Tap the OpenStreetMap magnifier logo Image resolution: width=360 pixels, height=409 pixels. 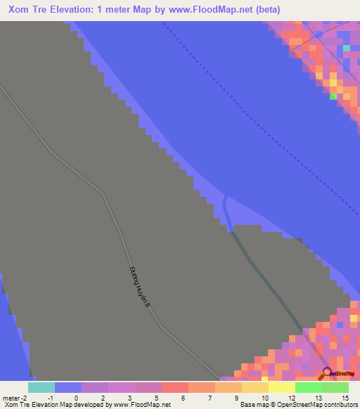pos(327,373)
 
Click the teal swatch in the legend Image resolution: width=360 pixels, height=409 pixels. pos(41,387)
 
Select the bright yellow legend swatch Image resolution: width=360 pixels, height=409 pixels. pos(282,387)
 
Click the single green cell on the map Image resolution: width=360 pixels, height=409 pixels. pos(333,97)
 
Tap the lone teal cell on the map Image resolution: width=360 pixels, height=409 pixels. pos(347,47)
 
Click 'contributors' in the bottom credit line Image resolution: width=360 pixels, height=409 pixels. pos(338,405)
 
